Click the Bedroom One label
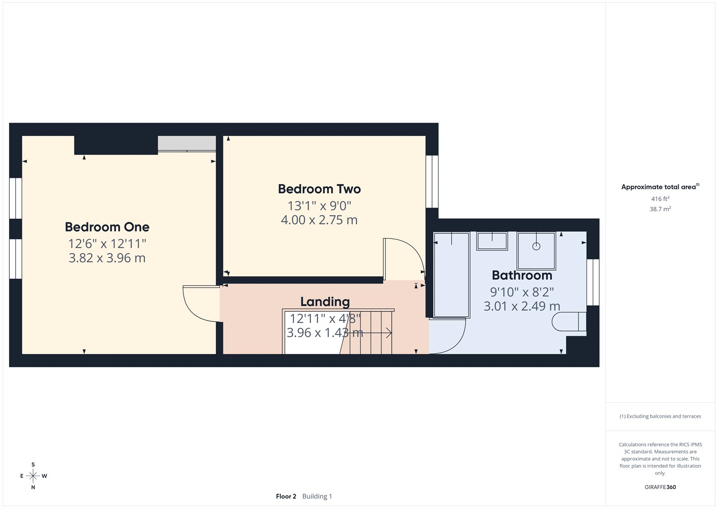(x=107, y=227)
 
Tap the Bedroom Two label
(x=319, y=189)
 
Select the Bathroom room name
(x=522, y=275)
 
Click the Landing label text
(x=325, y=302)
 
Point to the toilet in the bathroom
(x=569, y=322)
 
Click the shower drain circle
(x=536, y=246)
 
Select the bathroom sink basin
(x=492, y=241)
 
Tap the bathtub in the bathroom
(x=451, y=274)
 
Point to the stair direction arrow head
(x=390, y=333)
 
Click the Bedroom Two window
(x=432, y=181)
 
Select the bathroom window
(x=593, y=282)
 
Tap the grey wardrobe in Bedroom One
(x=187, y=143)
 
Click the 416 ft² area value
(x=660, y=199)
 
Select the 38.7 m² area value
(x=660, y=209)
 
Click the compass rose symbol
(x=33, y=476)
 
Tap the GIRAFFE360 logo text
(x=660, y=487)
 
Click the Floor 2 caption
(x=286, y=496)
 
